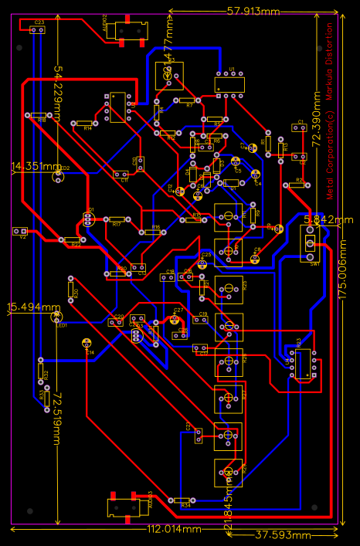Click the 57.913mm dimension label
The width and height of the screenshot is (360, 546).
253,11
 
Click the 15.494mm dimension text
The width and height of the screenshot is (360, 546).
33,307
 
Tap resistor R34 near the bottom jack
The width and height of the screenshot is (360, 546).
182,500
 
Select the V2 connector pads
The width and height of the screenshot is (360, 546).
21,231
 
